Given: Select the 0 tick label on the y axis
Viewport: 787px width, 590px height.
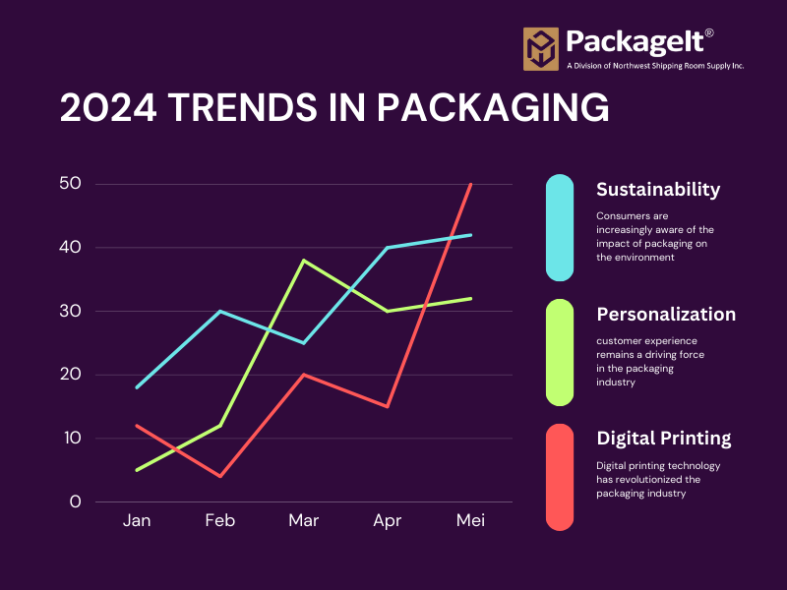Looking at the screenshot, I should (x=75, y=501).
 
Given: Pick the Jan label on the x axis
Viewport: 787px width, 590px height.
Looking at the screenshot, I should (x=137, y=520).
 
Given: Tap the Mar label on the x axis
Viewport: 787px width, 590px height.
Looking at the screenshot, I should (x=304, y=520).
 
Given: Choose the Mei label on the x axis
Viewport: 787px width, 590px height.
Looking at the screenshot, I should (x=470, y=520).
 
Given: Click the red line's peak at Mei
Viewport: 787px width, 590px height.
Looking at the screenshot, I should (x=471, y=185).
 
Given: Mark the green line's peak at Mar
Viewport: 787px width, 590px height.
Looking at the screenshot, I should (x=304, y=261).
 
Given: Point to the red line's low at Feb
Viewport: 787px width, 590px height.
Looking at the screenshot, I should (x=220, y=476).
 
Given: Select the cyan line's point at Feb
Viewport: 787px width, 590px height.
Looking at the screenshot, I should (x=220, y=312).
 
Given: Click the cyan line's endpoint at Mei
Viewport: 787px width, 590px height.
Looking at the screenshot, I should (x=471, y=235).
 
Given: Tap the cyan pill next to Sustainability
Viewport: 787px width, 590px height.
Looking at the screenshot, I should (x=560, y=227).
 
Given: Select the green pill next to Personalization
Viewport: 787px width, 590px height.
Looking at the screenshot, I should (x=560, y=352).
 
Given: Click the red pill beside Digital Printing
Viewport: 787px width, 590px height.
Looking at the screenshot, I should (x=560, y=477).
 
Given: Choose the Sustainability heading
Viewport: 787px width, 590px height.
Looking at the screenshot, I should (x=658, y=190).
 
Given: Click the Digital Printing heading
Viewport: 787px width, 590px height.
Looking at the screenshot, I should (x=664, y=439).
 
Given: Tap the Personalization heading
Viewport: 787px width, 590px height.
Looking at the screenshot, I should (x=666, y=315).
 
